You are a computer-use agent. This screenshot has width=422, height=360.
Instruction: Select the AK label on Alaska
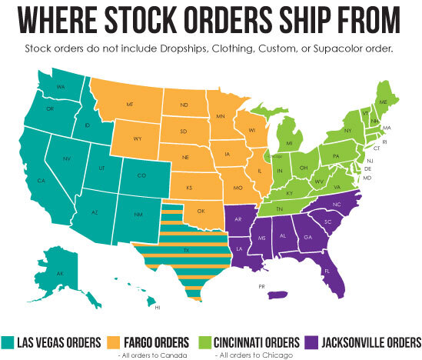click(x=61, y=273)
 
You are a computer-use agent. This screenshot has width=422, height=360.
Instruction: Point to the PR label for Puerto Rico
click(x=262, y=286)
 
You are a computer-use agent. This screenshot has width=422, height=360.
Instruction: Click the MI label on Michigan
click(x=290, y=143)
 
